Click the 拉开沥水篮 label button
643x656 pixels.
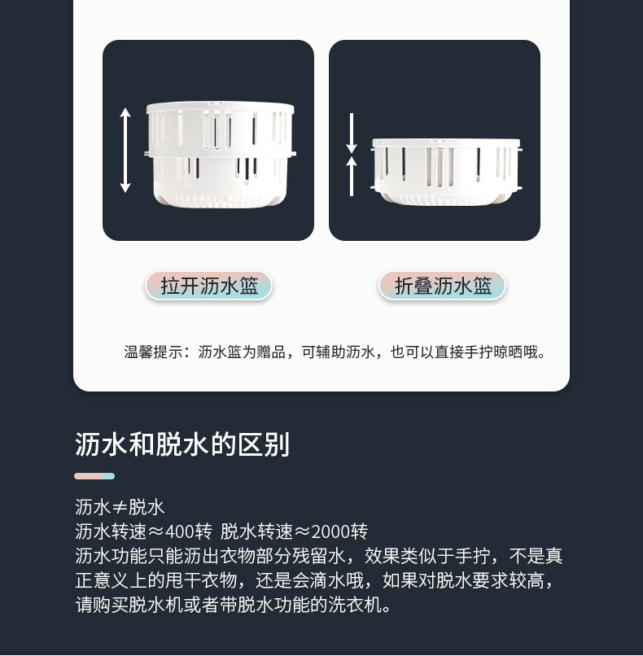[x=208, y=286]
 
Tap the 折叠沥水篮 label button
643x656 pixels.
[x=442, y=286]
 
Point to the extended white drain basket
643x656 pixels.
[x=220, y=154]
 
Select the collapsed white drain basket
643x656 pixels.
[x=446, y=172]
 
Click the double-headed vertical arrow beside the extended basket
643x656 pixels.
[x=125, y=150]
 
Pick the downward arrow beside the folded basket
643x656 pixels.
[x=352, y=133]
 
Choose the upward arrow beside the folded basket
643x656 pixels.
[x=352, y=176]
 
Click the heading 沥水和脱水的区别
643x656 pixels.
[x=182, y=444]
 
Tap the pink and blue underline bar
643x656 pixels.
[x=94, y=476]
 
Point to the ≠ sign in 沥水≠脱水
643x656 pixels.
[x=119, y=508]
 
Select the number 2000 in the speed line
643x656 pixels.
[x=330, y=531]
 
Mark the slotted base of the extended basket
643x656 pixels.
[x=220, y=199]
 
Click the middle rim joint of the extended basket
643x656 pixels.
[x=220, y=154]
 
